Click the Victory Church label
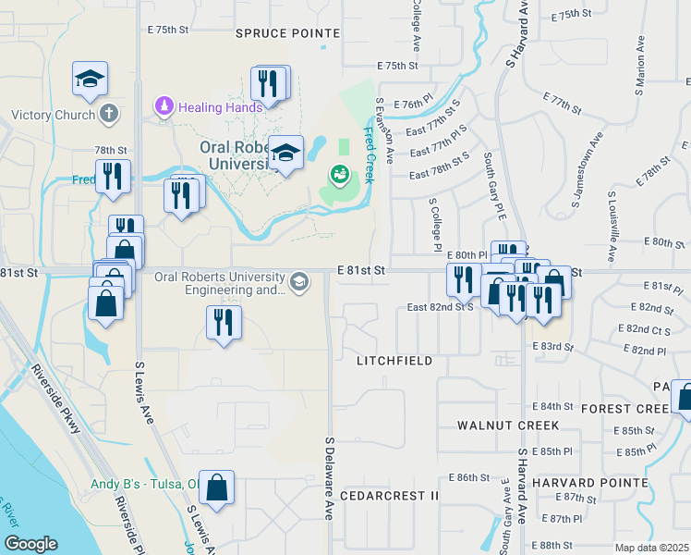53,116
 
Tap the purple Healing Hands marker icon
165,106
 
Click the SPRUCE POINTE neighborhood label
287,32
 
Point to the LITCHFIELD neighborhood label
394,361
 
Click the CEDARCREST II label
389,496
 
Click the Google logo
30,544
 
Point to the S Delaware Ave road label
328,477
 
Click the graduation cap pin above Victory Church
91,79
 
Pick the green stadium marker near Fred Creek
339,173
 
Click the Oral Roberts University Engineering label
219,282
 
